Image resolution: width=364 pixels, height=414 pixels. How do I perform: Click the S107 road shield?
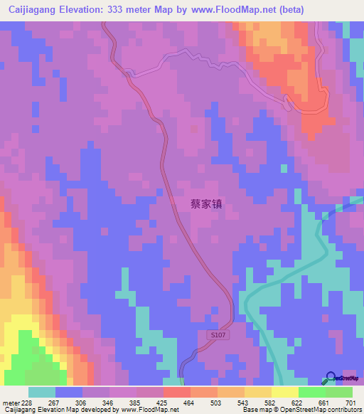(220, 334)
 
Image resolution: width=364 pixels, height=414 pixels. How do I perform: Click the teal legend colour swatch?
(42, 392)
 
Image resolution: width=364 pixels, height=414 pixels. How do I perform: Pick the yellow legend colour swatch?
(285, 392)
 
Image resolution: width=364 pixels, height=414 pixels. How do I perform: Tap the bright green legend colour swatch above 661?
(312, 392)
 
